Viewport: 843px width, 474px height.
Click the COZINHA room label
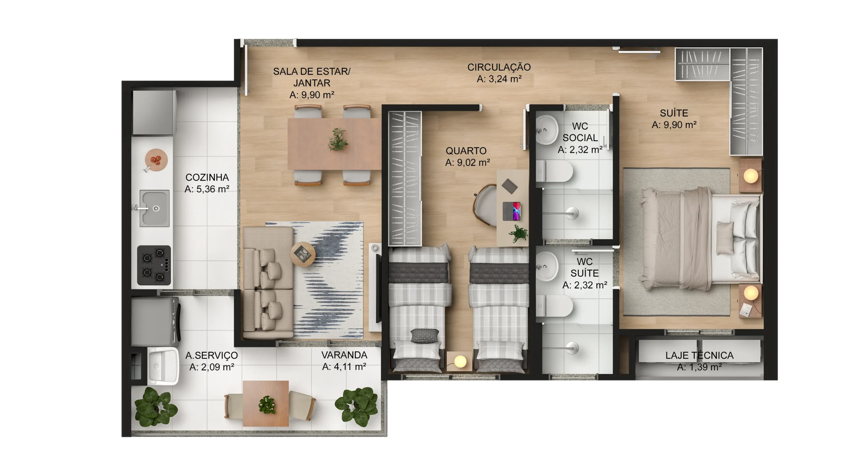click(x=207, y=177)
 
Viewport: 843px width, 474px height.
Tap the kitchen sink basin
click(x=155, y=208)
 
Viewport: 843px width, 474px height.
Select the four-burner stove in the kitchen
click(x=154, y=265)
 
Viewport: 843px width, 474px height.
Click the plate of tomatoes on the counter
click(x=156, y=160)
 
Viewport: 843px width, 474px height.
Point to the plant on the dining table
click(x=338, y=140)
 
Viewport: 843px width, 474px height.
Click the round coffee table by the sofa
click(x=303, y=254)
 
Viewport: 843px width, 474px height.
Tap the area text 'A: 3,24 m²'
click(x=499, y=79)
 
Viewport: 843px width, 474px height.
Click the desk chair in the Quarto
click(x=485, y=205)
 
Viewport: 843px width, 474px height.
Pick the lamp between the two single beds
click(x=460, y=361)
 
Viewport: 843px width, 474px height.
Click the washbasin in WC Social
click(x=547, y=130)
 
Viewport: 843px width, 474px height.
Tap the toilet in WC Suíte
click(x=554, y=306)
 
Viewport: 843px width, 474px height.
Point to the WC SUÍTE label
click(x=585, y=267)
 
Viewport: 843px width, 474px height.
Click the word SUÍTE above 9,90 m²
click(x=674, y=113)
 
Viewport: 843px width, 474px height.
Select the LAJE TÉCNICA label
click(x=699, y=355)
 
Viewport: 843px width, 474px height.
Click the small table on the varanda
click(x=266, y=404)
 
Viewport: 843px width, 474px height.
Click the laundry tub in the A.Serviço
click(x=163, y=366)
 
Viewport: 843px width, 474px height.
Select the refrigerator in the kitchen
click(x=154, y=112)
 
